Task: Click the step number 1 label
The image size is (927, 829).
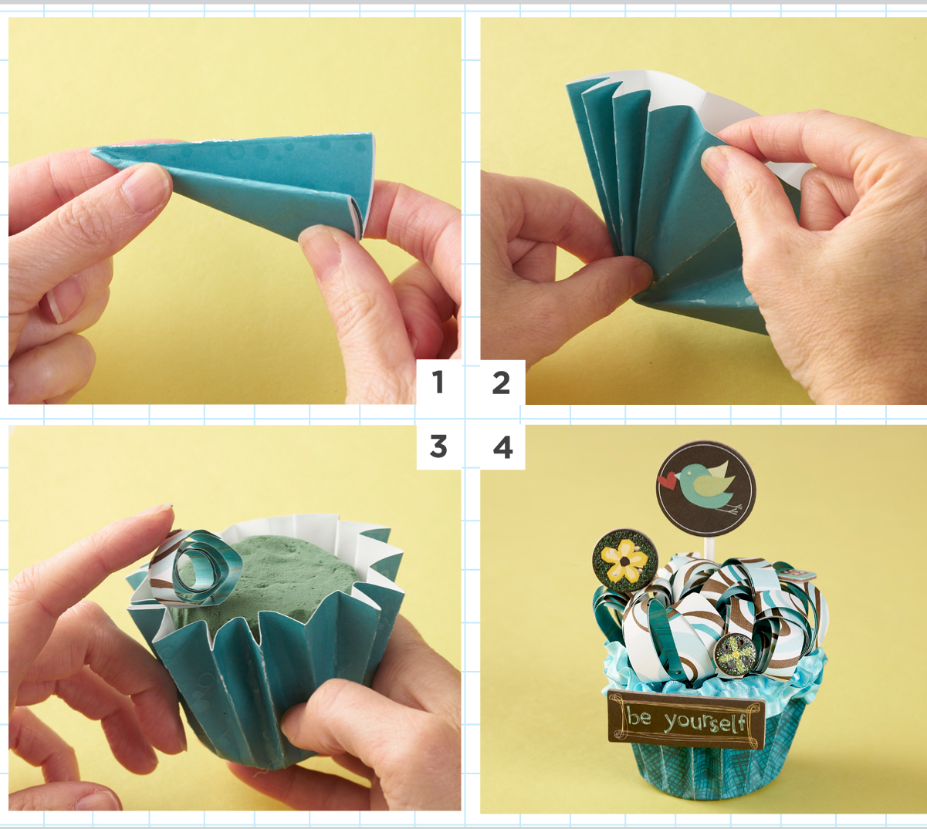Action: pyautogui.click(x=438, y=382)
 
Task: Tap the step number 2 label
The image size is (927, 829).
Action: pyautogui.click(x=501, y=382)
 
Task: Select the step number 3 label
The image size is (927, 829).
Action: pyautogui.click(x=438, y=446)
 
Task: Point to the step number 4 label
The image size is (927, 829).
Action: pyautogui.click(x=502, y=447)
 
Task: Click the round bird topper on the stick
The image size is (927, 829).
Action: pyautogui.click(x=705, y=488)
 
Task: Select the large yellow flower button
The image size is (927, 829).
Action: pyautogui.click(x=624, y=560)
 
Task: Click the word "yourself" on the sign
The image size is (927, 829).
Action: pyautogui.click(x=705, y=722)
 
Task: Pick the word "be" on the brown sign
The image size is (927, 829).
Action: pyautogui.click(x=639, y=717)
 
